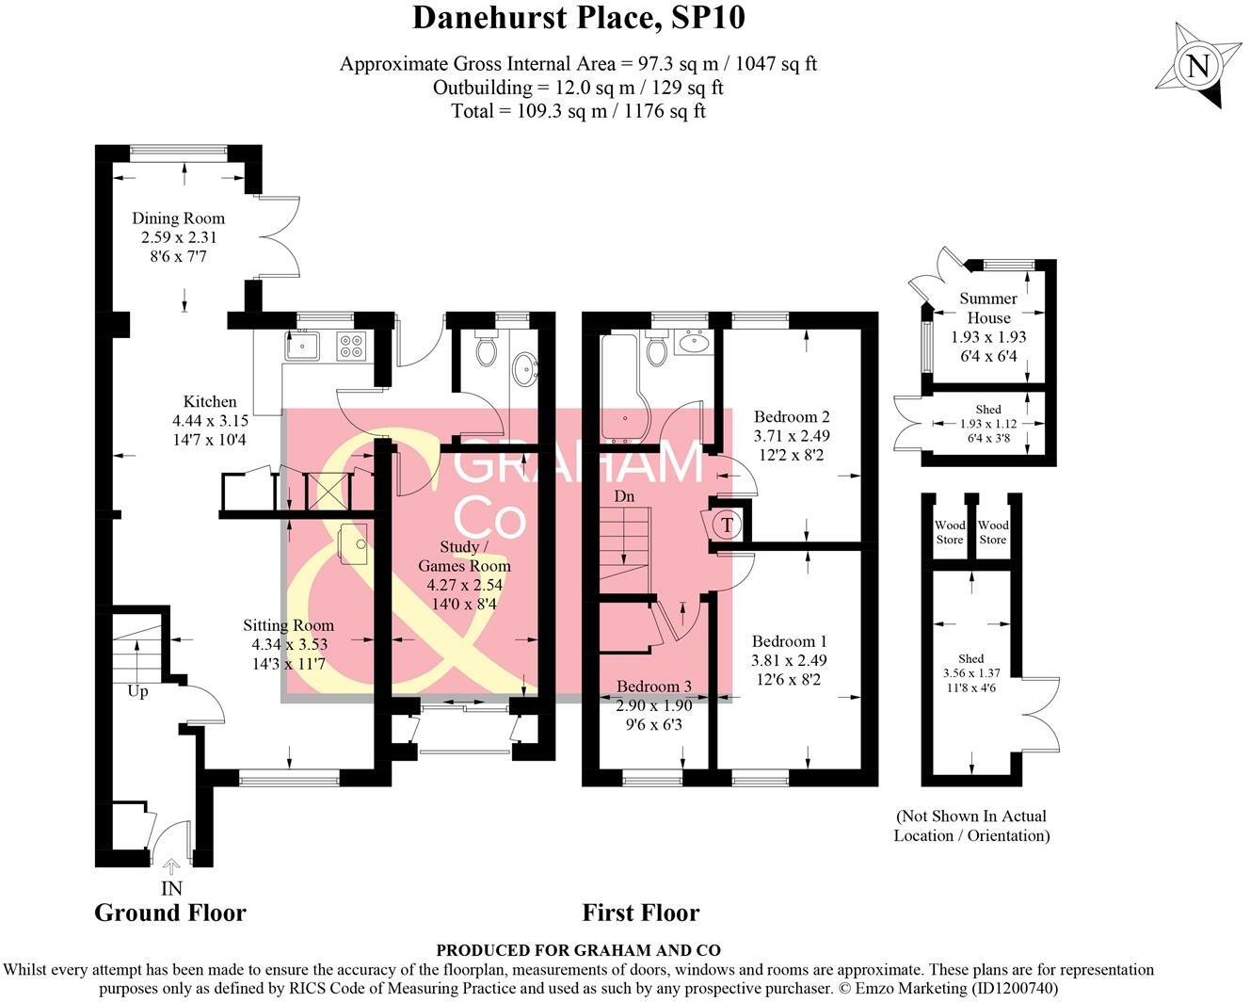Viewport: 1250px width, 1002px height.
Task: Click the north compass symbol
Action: click(x=1197, y=66)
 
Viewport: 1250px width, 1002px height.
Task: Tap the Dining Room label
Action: click(x=178, y=218)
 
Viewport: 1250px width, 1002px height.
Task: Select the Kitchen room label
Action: click(x=209, y=402)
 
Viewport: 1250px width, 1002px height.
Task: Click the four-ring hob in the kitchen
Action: click(x=352, y=347)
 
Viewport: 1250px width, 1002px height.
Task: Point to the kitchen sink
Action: click(x=304, y=347)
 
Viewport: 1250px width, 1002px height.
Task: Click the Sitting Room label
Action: click(x=288, y=625)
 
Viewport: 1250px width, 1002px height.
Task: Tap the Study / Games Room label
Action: click(x=464, y=557)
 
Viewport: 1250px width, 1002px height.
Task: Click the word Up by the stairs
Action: click(x=137, y=691)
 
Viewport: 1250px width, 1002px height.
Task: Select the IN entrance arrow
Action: click(x=171, y=866)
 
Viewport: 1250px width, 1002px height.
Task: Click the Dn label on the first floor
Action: click(x=623, y=496)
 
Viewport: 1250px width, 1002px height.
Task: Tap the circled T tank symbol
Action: click(x=726, y=525)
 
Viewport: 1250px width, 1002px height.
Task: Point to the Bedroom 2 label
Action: click(x=792, y=417)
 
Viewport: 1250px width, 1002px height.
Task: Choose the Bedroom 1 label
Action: click(x=789, y=641)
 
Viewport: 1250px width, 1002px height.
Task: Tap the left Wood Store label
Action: click(x=949, y=532)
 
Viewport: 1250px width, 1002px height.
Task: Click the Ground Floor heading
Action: click(x=170, y=913)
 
